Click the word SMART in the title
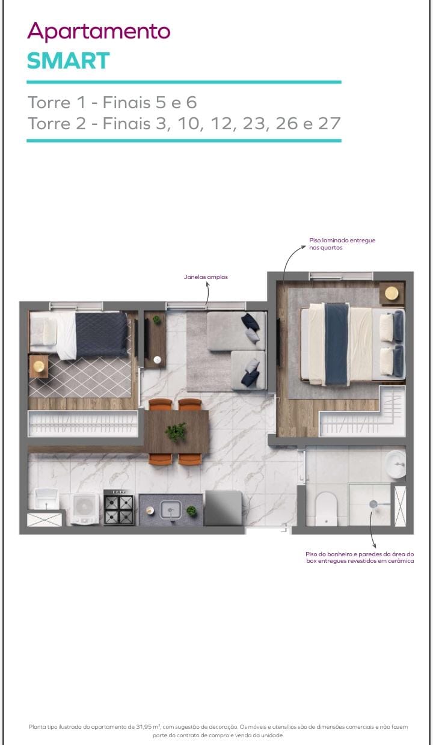pos(69,61)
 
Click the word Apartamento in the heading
pos(99,31)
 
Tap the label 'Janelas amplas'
pos(206,277)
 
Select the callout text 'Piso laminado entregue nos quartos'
pos(342,244)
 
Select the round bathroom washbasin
pos(396,463)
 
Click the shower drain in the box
pos(373,503)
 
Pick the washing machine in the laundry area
pos(85,508)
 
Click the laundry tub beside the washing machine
pos(46,499)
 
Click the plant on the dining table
pos(176,431)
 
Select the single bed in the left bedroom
pos(79,335)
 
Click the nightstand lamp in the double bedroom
pos(392,293)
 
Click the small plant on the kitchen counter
pos(192,511)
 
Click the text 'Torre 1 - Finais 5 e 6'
pos(112,102)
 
